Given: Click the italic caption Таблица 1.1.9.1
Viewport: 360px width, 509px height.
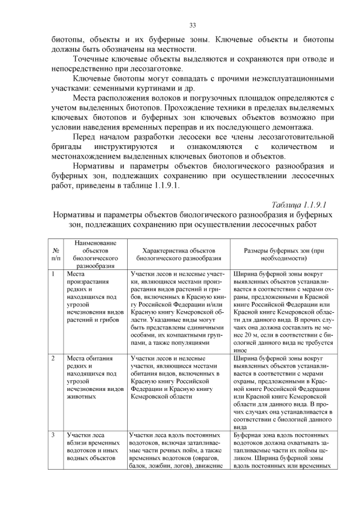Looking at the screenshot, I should (299, 204).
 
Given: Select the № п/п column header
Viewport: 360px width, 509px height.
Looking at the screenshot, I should (56, 254).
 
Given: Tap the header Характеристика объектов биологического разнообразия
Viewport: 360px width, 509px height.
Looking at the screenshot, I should (178, 254).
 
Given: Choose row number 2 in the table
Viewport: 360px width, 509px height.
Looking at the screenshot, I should (52, 357).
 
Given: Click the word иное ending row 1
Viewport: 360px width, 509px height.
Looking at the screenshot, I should (240, 349).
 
